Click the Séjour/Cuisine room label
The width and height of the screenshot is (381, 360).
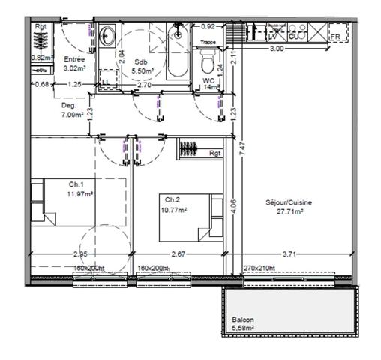289,202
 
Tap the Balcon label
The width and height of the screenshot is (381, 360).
242,319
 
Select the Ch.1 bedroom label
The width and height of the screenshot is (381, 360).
76,184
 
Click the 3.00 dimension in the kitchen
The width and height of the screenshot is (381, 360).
277,49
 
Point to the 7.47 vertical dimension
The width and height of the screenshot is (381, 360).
241,148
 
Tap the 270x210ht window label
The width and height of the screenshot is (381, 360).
260,268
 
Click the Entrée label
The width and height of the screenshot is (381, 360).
74,58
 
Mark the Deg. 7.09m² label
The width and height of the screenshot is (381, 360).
74,111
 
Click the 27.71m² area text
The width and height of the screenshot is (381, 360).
289,212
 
